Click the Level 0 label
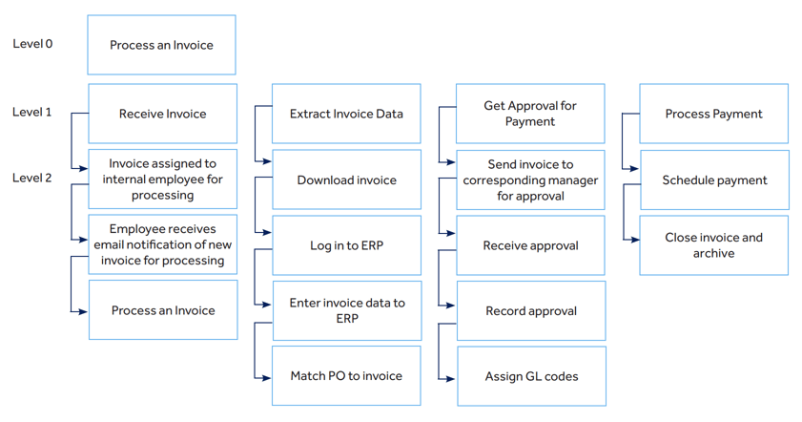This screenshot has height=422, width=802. pyautogui.click(x=32, y=44)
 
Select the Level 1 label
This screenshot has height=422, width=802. pyautogui.click(x=32, y=113)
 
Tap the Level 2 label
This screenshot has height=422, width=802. pyautogui.click(x=32, y=178)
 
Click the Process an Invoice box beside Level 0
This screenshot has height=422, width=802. pyautogui.click(x=161, y=45)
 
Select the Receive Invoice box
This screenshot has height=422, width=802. pyautogui.click(x=162, y=114)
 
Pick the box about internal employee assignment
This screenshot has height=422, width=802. pyautogui.click(x=163, y=179)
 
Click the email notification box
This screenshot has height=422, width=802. pyautogui.click(x=163, y=244)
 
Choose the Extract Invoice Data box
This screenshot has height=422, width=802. pyautogui.click(x=346, y=114)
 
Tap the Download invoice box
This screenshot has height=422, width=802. pyautogui.click(x=346, y=179)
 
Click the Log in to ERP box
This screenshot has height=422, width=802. pyautogui.click(x=346, y=245)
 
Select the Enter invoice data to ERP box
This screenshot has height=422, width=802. pyautogui.click(x=346, y=310)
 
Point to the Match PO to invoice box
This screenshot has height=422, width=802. pyautogui.click(x=346, y=376)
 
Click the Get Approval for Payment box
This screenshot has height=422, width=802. pyautogui.click(x=530, y=114)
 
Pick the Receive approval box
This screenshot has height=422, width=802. pyautogui.click(x=530, y=245)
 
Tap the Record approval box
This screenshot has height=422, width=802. pyautogui.click(x=530, y=310)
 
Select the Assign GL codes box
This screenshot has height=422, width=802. pyautogui.click(x=531, y=376)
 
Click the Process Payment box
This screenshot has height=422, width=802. pyautogui.click(x=713, y=114)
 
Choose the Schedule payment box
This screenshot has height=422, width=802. pyautogui.click(x=714, y=179)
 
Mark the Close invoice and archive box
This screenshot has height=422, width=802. pyautogui.click(x=713, y=245)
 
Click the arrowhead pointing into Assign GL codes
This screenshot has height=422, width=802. pyautogui.click(x=452, y=378)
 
